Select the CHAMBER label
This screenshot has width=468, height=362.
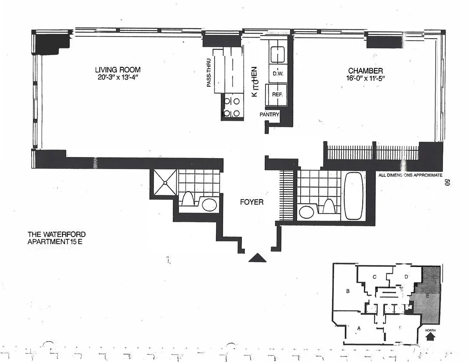point(365,71)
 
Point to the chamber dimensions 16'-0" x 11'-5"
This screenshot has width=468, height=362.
point(365,78)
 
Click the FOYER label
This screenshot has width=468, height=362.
point(252,202)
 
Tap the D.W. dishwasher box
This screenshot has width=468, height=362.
point(277,73)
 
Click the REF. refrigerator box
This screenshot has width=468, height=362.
point(277,95)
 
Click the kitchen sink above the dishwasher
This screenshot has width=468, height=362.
point(277,53)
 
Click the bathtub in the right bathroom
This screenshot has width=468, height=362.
point(354,195)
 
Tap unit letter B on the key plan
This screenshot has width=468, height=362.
point(347,291)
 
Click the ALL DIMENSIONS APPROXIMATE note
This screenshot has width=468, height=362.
point(410,175)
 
